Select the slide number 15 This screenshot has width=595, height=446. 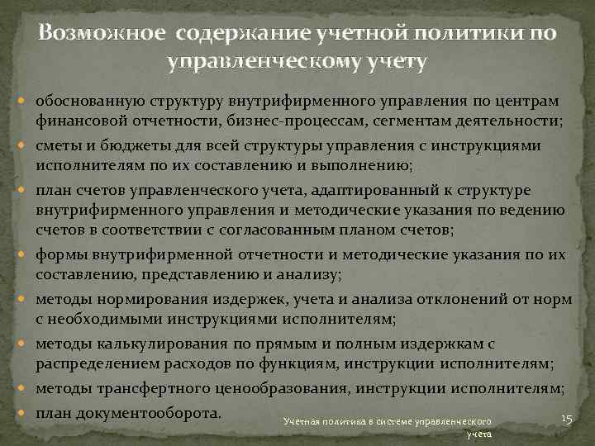(x=566, y=420)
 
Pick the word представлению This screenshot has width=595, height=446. (x=200, y=273)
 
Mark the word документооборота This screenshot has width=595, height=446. (x=159, y=412)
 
